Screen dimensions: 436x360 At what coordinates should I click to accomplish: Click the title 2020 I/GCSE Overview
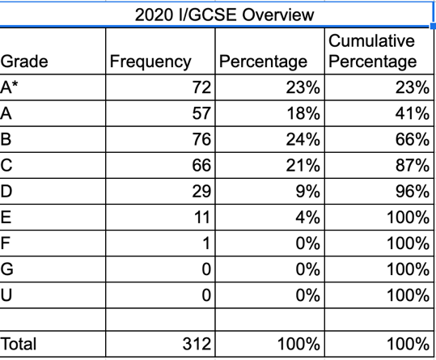224,15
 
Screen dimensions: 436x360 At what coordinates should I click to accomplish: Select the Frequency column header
150,61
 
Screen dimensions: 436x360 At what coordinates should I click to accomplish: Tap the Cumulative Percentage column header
373,51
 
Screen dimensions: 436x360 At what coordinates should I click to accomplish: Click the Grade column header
24,61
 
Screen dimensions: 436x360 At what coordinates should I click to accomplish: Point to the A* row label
9,87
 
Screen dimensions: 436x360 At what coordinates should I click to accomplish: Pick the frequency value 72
201,87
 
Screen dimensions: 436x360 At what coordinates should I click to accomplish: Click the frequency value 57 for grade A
201,113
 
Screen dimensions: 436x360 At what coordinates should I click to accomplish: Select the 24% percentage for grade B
303,139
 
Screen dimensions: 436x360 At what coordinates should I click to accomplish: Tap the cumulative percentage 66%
413,139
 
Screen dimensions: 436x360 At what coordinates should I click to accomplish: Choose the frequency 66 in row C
201,165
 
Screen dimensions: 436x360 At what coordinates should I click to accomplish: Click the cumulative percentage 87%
413,165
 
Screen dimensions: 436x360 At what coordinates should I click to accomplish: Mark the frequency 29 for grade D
201,191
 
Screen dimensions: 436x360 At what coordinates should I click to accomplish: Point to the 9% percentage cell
308,191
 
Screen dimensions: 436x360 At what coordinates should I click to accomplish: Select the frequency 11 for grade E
202,217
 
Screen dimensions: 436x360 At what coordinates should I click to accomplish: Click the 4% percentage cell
308,217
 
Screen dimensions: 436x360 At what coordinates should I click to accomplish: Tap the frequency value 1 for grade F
206,244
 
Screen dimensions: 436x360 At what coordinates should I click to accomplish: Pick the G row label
6,269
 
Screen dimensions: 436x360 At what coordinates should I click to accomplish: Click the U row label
6,295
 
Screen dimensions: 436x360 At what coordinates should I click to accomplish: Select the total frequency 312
197,344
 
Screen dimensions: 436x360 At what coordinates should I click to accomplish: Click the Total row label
19,344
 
